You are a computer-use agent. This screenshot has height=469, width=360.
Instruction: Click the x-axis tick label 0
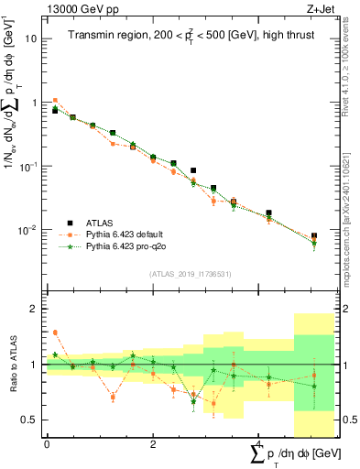[47, 443]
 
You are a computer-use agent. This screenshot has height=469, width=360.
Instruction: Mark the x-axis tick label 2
[153, 443]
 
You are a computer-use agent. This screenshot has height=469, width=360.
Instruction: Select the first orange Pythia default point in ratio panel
[55, 333]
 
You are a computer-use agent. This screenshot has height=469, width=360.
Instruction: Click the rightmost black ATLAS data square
[314, 236]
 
